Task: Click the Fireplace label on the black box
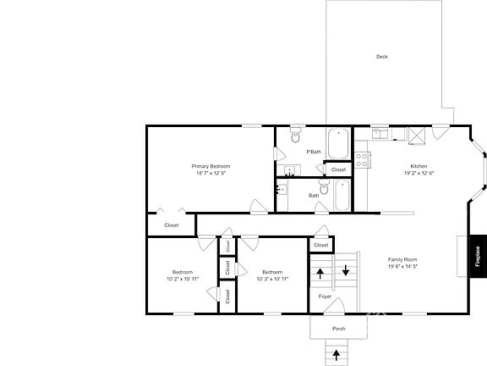pyautogui.click(x=478, y=255)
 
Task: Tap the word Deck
pyautogui.click(x=382, y=57)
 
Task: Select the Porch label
pyautogui.click(x=338, y=329)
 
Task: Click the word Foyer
pyautogui.click(x=325, y=297)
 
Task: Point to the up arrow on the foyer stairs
pyautogui.click(x=321, y=273)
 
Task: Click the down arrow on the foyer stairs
pyautogui.click(x=345, y=271)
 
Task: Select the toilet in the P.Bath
pyautogui.click(x=295, y=136)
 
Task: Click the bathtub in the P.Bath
pyautogui.click(x=338, y=141)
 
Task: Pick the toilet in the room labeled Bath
pyautogui.click(x=322, y=184)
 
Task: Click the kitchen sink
pyautogui.click(x=379, y=132)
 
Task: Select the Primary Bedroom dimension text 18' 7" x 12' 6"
pyautogui.click(x=211, y=173)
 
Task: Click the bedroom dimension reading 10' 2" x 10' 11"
pyautogui.click(x=183, y=279)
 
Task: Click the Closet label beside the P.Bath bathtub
pyautogui.click(x=338, y=169)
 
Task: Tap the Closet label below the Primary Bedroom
pyautogui.click(x=171, y=225)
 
